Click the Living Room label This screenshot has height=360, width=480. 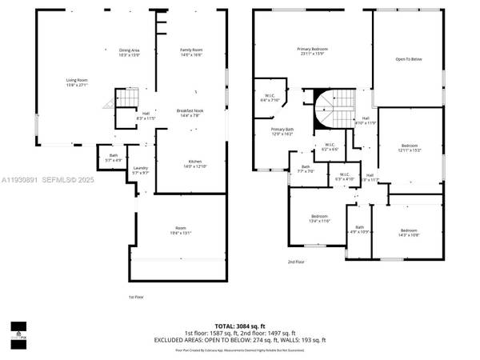tap(76, 82)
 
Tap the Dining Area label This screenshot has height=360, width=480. tap(130, 53)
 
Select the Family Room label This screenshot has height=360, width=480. tap(190, 53)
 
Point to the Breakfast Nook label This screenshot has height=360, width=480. tap(190, 113)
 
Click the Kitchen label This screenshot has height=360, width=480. tap(196, 163)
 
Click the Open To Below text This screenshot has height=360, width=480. tap(408, 59)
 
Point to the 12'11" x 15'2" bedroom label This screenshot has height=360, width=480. tap(409, 147)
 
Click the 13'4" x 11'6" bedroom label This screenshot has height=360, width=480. tap(319, 218)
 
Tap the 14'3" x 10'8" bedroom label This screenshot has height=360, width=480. tap(409, 233)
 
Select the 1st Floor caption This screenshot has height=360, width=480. tap(136, 296)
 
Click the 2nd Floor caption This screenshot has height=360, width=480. tap(296, 262)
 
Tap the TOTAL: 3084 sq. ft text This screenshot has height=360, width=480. tap(239, 326)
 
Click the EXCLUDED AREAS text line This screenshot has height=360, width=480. tap(239, 338)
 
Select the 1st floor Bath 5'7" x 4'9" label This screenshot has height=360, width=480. tap(114, 158)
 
